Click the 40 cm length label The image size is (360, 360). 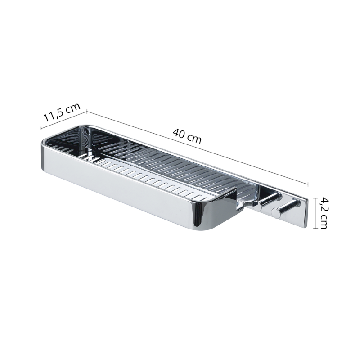[187, 136]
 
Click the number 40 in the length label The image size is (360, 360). [179, 135]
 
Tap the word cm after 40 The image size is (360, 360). [194, 139]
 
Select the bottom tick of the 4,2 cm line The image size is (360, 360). [315, 228]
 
